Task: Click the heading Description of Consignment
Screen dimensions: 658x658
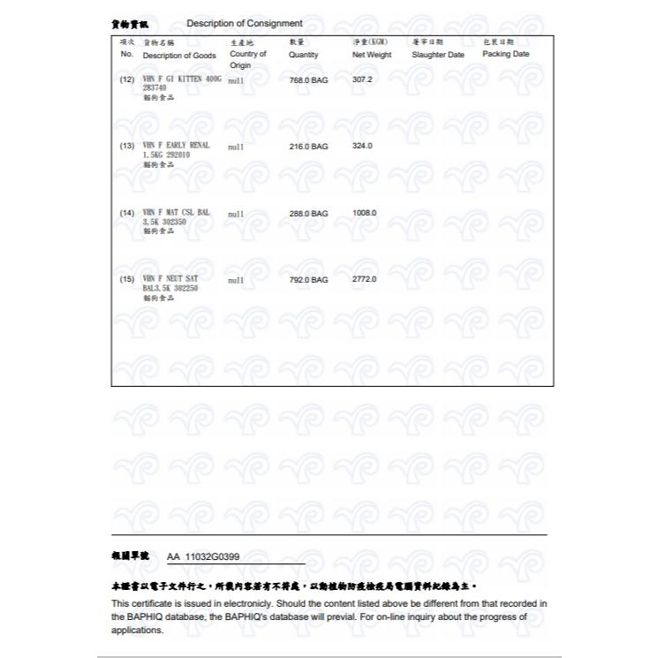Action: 245,23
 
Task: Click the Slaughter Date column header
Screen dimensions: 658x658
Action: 437,54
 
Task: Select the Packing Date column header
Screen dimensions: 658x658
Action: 505,54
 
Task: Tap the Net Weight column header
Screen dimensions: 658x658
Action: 371,54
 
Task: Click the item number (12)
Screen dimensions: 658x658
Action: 126,79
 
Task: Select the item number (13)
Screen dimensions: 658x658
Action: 126,146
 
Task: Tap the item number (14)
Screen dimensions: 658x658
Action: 126,213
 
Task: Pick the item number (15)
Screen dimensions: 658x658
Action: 126,279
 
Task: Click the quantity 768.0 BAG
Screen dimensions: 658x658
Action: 308,79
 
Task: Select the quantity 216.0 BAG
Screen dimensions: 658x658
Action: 308,146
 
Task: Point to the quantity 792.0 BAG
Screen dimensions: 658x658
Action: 308,279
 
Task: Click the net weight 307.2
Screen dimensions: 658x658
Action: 362,79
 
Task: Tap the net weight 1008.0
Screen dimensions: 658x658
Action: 364,213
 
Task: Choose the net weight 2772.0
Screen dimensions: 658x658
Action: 364,279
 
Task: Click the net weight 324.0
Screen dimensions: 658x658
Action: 362,146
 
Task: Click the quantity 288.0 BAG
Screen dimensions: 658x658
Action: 308,213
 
